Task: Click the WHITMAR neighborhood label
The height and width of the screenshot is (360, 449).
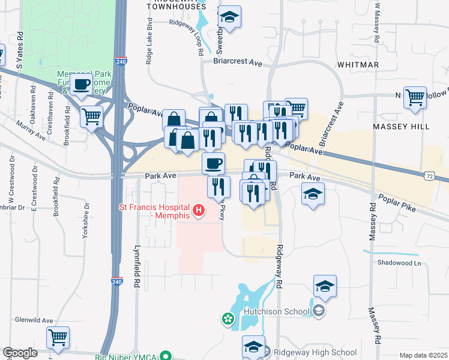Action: [x=357, y=64]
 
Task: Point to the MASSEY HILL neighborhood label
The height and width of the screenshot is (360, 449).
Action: [x=401, y=127]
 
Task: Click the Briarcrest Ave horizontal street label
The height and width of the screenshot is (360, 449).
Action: [x=238, y=62]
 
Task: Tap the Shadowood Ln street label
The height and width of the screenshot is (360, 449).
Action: [x=399, y=263]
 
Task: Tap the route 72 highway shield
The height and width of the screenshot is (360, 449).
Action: [x=427, y=176]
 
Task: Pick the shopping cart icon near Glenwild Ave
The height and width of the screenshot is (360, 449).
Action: [x=58, y=338]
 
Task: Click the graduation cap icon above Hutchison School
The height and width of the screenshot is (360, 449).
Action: [x=325, y=287]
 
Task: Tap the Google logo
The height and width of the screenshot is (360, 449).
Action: [x=20, y=353]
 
